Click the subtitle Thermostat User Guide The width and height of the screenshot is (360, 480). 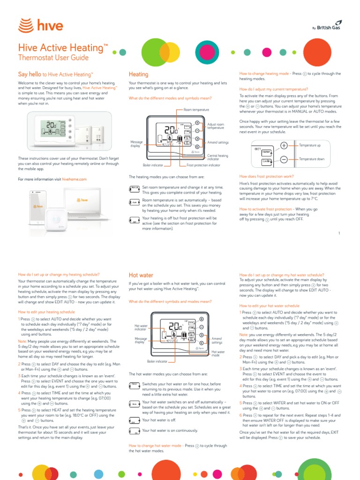tap(53, 58)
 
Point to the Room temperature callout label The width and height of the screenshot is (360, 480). tap(196, 109)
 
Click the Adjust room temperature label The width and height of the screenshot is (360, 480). tap(216, 126)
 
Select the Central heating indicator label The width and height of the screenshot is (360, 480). tap(217, 157)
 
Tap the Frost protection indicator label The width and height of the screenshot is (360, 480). tap(203, 165)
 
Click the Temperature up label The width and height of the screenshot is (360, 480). tap(310, 145)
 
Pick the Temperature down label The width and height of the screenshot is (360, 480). tap(312, 159)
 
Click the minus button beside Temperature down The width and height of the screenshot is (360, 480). tap(284, 160)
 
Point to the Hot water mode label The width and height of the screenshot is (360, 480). tap(218, 353)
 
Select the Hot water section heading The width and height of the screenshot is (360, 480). tap(141, 275)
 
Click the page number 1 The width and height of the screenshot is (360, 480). tap(338, 233)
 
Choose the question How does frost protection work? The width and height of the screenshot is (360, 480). tap(267, 176)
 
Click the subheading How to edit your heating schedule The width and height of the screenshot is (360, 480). tap(46, 311)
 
